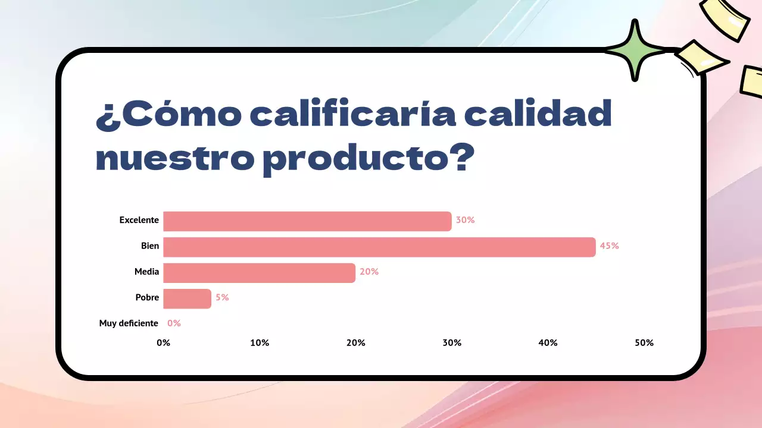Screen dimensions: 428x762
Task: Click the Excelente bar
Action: [307, 221]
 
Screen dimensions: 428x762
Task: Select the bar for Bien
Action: [379, 247]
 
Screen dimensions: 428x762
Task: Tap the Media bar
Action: [259, 273]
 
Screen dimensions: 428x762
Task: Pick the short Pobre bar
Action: [187, 298]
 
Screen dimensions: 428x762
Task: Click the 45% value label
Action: [610, 246]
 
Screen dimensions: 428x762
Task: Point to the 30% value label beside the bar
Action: [465, 220]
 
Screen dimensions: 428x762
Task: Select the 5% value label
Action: [222, 298]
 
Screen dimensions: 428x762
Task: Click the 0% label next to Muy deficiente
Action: [174, 323]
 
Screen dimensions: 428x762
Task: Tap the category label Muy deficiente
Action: [129, 323]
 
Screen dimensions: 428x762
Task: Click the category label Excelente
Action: [139, 220]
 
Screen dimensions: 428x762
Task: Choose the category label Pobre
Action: [147, 297]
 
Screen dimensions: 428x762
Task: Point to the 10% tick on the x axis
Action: [260, 343]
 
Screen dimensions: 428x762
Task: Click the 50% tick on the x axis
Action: [644, 343]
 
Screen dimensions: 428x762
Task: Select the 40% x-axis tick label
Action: [548, 343]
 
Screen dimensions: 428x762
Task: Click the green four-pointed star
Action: [635, 50]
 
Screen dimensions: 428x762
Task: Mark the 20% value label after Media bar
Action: [369, 272]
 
